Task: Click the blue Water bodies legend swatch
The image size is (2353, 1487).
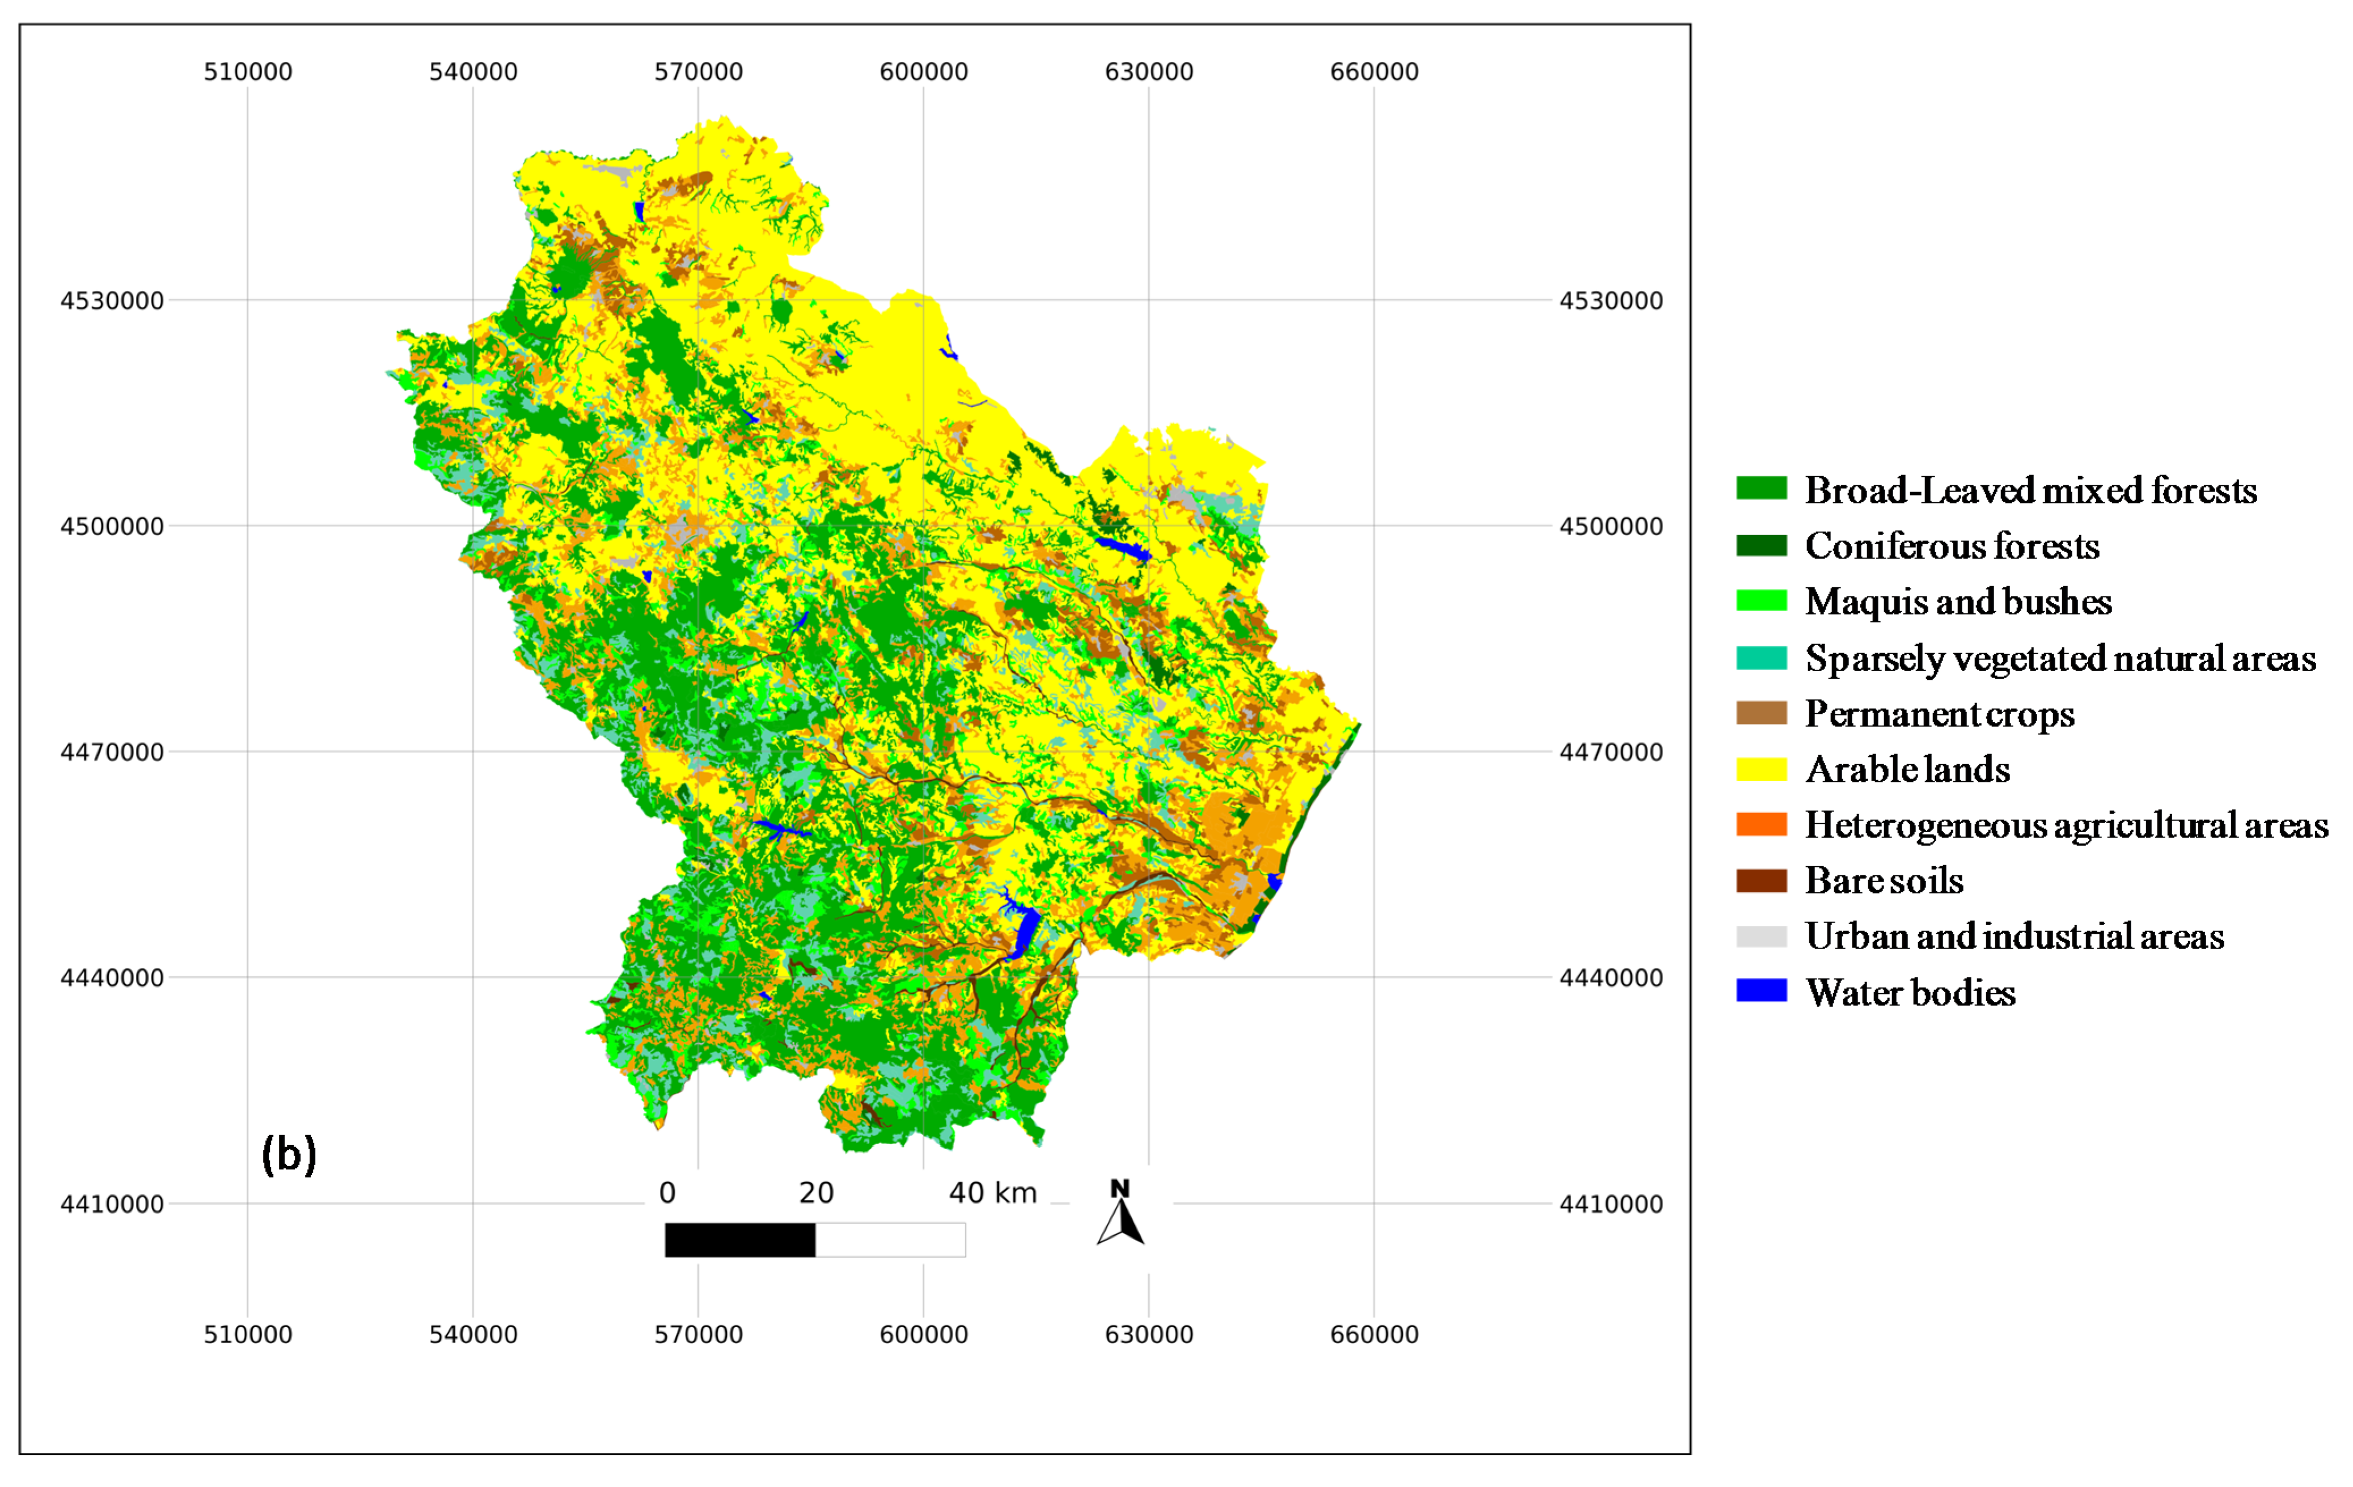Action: (x=1761, y=991)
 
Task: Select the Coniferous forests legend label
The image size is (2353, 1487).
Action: (x=1952, y=545)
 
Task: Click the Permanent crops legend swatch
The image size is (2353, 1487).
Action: (x=1761, y=713)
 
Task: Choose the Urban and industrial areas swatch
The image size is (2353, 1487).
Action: (x=1761, y=936)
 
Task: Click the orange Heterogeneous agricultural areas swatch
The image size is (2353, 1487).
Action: (x=1761, y=825)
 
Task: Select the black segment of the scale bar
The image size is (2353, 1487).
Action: (x=740, y=1240)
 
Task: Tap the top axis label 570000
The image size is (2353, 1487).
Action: (x=698, y=71)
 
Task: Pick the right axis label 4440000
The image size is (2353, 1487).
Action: (x=1610, y=978)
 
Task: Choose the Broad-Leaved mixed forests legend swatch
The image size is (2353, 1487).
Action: (x=1761, y=489)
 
